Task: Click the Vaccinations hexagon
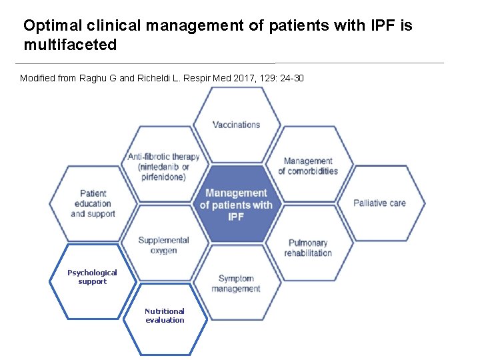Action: coord(236,125)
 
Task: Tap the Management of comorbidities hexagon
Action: coord(308,166)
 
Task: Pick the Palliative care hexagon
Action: coord(379,203)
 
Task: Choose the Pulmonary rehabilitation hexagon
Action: coord(308,247)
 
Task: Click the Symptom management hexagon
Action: coord(236,283)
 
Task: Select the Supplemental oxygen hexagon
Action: coord(164,245)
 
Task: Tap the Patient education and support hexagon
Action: coord(93,203)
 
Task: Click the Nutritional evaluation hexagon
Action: coord(165,316)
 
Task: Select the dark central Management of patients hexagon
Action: coord(236,205)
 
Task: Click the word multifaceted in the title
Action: coord(70,45)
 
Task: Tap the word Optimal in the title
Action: coord(48,26)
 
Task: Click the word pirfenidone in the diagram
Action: coord(163,177)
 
